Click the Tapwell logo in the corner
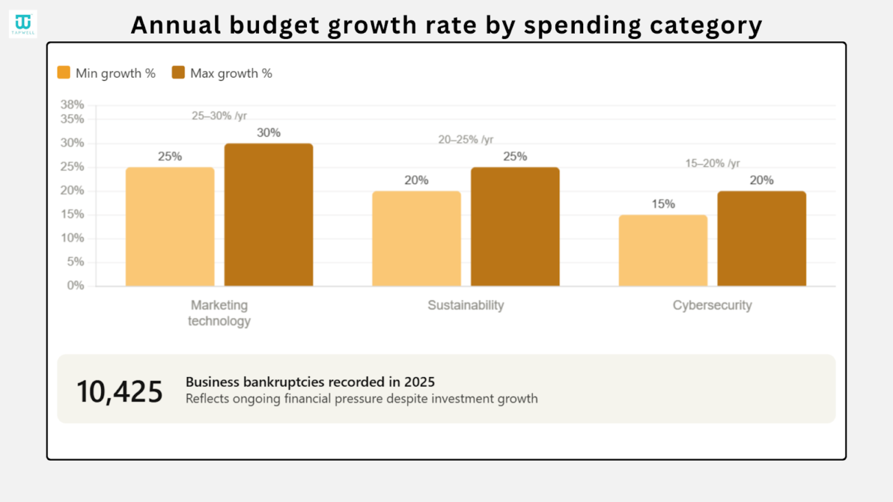[23, 23]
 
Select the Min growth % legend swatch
[64, 73]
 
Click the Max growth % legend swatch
[179, 73]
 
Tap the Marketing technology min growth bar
[170, 227]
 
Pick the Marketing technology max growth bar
[269, 215]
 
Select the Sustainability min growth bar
[416, 238]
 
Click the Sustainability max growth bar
[515, 227]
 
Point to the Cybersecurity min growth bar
[663, 250]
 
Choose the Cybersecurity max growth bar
[761, 238]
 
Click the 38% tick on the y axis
[73, 105]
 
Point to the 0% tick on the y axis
[76, 285]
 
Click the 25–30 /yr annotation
[219, 116]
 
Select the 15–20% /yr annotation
[712, 163]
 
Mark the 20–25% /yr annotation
[466, 139]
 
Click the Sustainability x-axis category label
[466, 306]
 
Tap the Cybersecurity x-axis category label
[712, 306]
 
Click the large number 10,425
[120, 391]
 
